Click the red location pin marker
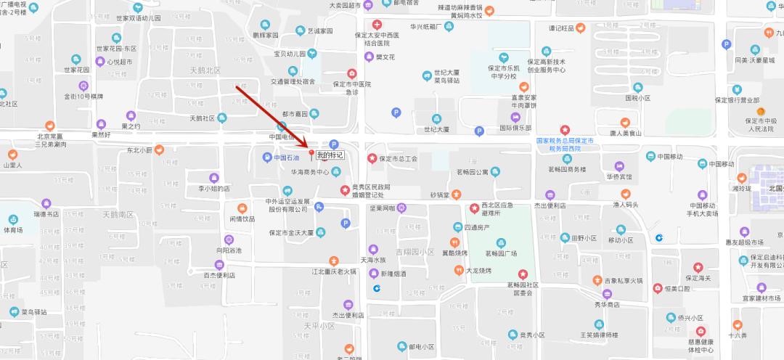pyautogui.click(x=313, y=154)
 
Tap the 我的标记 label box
pyautogui.click(x=330, y=155)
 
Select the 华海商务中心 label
pyautogui.click(x=310, y=173)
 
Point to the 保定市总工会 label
pyautogui.click(x=399, y=158)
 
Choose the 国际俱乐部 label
pyautogui.click(x=515, y=128)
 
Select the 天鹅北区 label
pyautogui.click(x=204, y=70)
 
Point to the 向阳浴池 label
pyautogui.click(x=228, y=250)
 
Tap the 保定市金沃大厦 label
pyautogui.click(x=290, y=233)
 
